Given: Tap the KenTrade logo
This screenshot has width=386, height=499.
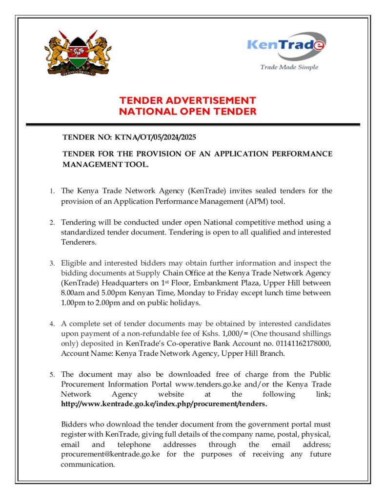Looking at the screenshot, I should point(286,45).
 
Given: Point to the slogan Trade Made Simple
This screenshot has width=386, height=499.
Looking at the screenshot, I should point(289,67).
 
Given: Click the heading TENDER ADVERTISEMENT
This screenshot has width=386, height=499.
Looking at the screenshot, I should point(188,100).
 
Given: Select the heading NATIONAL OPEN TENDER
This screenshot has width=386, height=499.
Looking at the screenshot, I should point(188,112).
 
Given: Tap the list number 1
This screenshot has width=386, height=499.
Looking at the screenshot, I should point(52,191).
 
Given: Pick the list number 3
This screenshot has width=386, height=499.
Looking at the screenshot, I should point(52,264).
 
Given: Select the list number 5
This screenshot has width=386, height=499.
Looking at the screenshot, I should point(52,375).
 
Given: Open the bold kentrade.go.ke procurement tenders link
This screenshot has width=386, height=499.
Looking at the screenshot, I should point(164,404).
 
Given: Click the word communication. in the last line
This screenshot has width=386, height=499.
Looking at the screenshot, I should point(88,464).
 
